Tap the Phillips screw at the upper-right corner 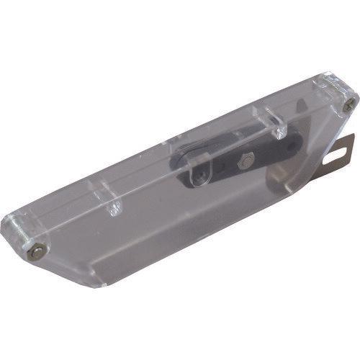[x=348, y=106]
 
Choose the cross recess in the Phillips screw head [x=348, y=106]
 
